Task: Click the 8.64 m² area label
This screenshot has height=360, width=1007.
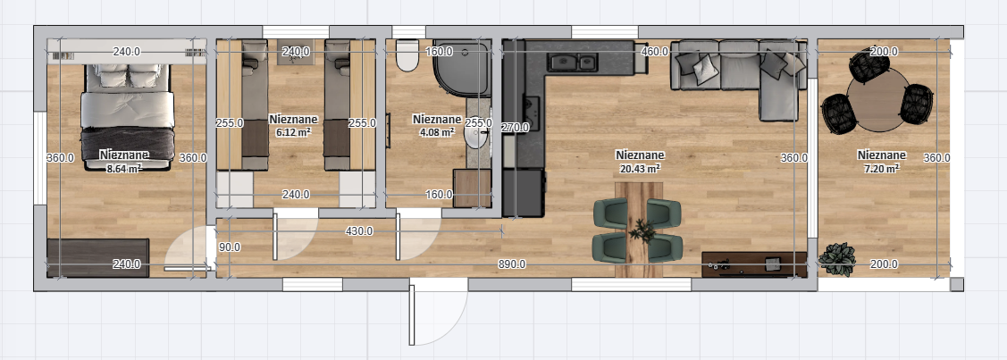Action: [x=124, y=170]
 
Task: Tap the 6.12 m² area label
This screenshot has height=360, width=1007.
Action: [x=293, y=133]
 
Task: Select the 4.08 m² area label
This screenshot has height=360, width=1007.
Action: [x=437, y=133]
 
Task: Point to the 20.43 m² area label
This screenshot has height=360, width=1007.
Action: [x=640, y=169]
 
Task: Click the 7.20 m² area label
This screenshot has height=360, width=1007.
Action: [x=881, y=169]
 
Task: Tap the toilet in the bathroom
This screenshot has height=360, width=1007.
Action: [x=407, y=55]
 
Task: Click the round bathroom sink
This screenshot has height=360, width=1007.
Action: [x=476, y=136]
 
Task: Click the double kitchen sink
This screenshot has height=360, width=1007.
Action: [x=572, y=62]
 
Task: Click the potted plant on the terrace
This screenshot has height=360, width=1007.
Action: [x=837, y=259]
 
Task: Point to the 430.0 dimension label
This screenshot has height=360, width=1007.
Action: [x=359, y=231]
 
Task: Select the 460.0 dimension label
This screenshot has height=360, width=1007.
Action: [x=654, y=51]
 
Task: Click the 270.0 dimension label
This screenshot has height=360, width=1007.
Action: [x=515, y=127]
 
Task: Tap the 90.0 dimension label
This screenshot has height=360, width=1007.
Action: [x=230, y=247]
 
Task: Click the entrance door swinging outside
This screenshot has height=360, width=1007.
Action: [x=437, y=314]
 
